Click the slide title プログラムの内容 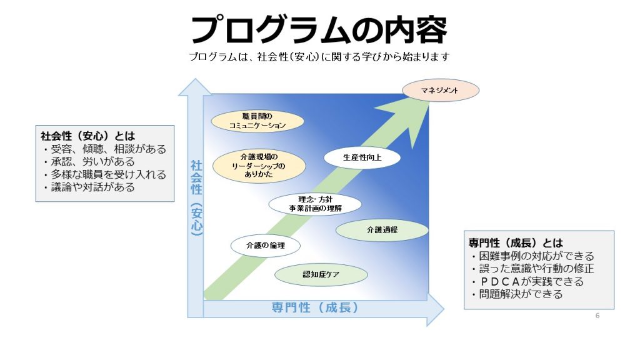pyautogui.click(x=319, y=29)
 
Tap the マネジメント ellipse pyautogui.click(x=441, y=90)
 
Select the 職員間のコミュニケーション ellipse pyautogui.click(x=257, y=121)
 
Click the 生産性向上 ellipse pyautogui.click(x=362, y=157)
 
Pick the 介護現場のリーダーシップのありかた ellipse pyautogui.click(x=259, y=166)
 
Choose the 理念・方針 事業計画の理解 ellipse pyautogui.click(x=315, y=204)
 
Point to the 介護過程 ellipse pyautogui.click(x=382, y=230)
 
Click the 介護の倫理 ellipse pyautogui.click(x=265, y=245)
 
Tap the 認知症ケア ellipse pyautogui.click(x=321, y=274)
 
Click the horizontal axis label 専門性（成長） pyautogui.click(x=315, y=307)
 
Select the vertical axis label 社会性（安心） pyautogui.click(x=196, y=198)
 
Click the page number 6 pyautogui.click(x=597, y=316)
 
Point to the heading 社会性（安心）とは pyautogui.click(x=87, y=136)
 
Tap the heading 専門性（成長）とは pyautogui.click(x=516, y=243)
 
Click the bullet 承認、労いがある pyautogui.click(x=89, y=162)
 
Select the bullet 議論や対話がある pyautogui.click(x=89, y=187)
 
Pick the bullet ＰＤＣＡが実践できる pyautogui.click(x=527, y=282)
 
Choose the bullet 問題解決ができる pyautogui.click(x=517, y=294)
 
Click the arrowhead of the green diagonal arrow pyautogui.click(x=408, y=121)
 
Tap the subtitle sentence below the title pyautogui.click(x=319, y=56)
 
